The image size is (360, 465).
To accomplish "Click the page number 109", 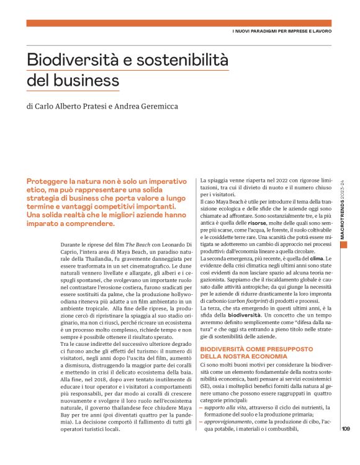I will click(x=346, y=444).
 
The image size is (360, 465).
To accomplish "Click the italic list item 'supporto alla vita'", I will click(x=227, y=407).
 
